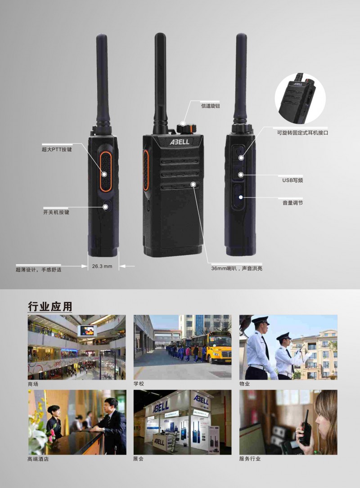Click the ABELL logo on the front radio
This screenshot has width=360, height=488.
180,142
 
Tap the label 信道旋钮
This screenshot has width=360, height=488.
211,106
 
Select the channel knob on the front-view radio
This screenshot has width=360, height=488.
186,128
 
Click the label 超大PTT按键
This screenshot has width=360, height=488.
57,149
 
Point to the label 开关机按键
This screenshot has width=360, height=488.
56,212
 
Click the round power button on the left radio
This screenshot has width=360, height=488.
106,206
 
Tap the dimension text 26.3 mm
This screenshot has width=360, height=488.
102,266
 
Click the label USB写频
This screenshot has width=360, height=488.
292,180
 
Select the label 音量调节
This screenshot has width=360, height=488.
293,203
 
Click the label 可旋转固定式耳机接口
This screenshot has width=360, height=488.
303,133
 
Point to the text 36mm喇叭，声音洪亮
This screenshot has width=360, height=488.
237,268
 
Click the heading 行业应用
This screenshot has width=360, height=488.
50,306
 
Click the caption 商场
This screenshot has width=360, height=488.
33,384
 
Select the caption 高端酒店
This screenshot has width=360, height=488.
38,459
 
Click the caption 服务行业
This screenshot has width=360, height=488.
250,459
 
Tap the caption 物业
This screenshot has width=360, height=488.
244,384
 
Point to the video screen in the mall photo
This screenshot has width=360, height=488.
87,331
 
